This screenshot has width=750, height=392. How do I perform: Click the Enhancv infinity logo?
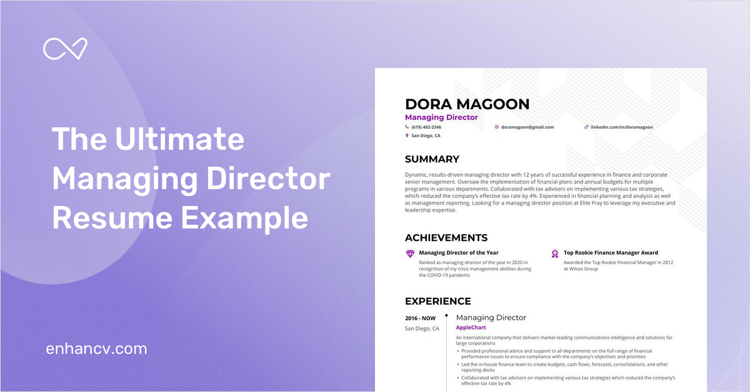tap(65, 49)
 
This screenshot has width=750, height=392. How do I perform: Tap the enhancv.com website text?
tap(96, 348)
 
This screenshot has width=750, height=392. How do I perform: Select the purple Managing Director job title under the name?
tap(441, 117)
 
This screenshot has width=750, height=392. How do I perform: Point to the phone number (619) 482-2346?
tap(427, 127)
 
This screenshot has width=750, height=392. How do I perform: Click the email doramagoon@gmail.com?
tap(527, 127)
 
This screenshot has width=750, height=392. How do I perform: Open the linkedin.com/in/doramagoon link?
tap(622, 127)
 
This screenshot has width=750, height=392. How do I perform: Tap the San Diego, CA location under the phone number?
tap(426, 135)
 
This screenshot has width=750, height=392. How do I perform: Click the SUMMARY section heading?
tap(432, 159)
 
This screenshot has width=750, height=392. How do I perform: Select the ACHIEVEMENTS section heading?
tap(446, 238)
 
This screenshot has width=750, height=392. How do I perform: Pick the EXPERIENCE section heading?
tap(438, 301)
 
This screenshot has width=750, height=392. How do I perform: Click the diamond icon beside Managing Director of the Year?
tap(410, 253)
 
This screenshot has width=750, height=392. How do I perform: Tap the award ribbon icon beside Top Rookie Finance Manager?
tap(554, 253)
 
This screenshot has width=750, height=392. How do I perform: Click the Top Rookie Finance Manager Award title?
tap(611, 253)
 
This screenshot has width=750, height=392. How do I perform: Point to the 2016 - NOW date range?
tap(420, 318)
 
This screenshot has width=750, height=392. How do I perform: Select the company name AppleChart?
tap(471, 328)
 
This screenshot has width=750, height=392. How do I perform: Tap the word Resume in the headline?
tap(105, 219)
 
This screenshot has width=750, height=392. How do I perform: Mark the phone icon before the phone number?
tap(407, 127)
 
